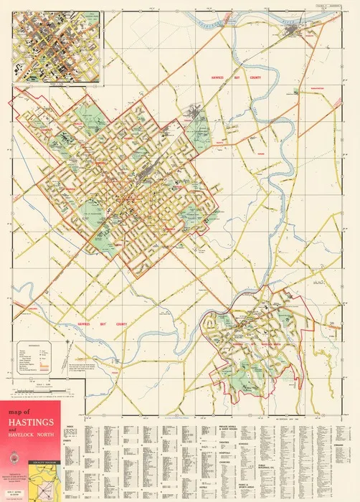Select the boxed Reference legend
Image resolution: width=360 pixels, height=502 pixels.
pos(34,356)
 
